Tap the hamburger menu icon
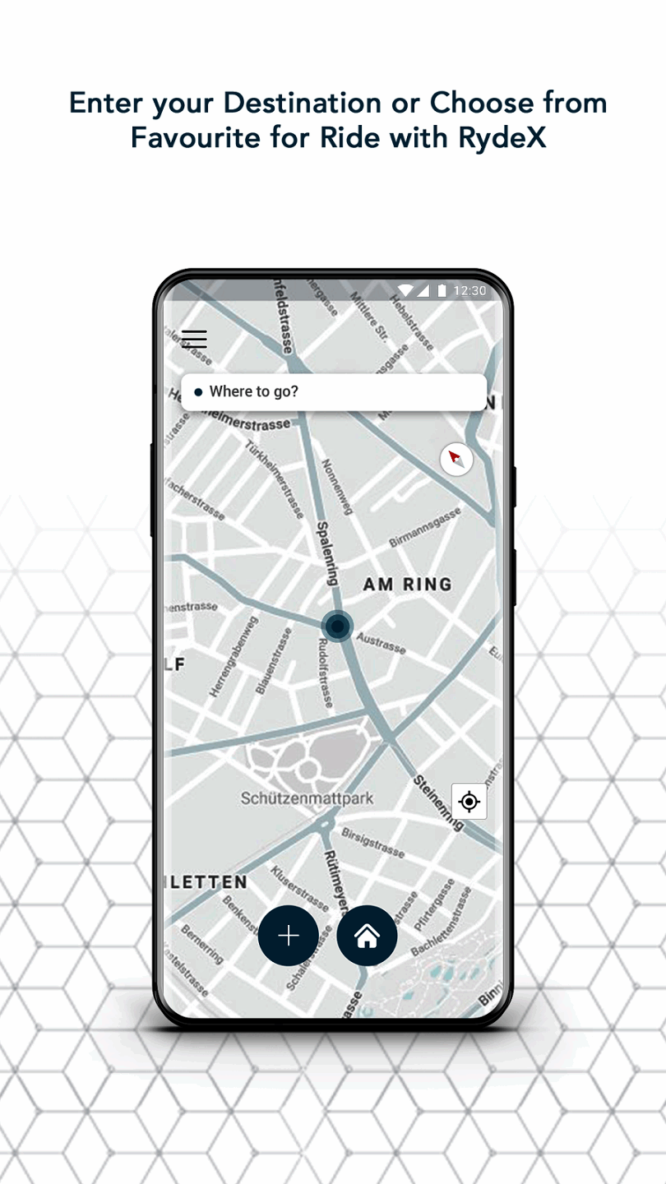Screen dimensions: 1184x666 tap(194, 339)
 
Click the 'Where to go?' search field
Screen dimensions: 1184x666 tap(333, 392)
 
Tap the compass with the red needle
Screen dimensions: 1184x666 tap(456, 459)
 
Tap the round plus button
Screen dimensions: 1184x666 tap(289, 936)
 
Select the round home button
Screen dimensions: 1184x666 tap(367, 936)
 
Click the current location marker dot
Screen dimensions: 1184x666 tap(337, 627)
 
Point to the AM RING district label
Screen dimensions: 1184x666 tap(408, 585)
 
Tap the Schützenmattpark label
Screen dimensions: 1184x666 tap(308, 798)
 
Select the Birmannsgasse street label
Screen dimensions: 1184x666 tap(425, 528)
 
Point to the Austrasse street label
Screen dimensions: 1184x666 tap(382, 643)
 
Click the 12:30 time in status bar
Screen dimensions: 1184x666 tap(470, 291)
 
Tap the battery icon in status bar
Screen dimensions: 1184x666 tap(442, 291)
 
